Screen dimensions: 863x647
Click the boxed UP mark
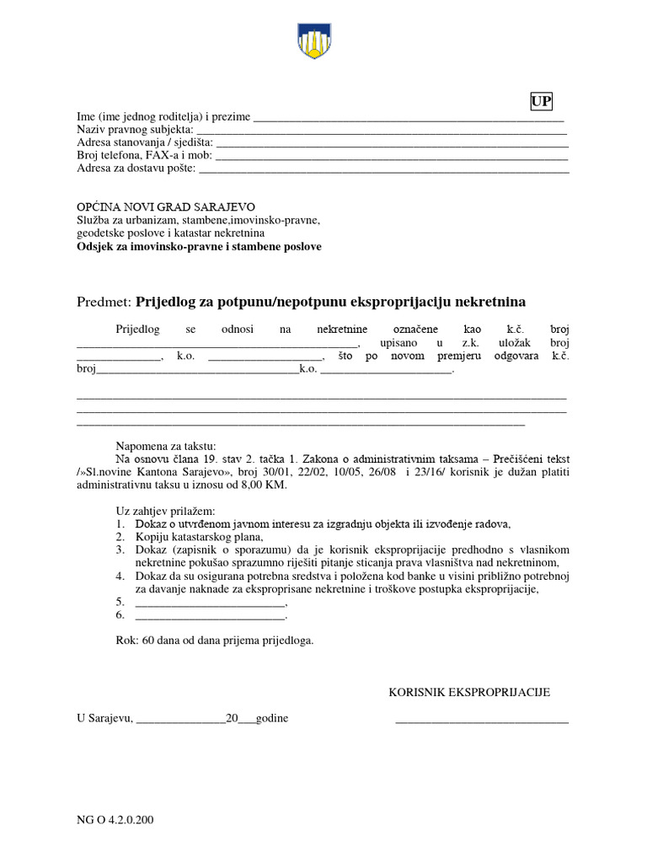click(541, 102)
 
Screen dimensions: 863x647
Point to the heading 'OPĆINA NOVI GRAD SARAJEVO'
click(165, 207)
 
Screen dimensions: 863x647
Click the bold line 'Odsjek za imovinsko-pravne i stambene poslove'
click(199, 247)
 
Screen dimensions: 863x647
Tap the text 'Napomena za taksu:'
click(166, 447)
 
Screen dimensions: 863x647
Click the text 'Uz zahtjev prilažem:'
click(165, 511)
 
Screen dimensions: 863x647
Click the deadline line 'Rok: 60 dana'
click(214, 641)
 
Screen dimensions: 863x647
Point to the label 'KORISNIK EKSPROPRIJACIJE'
click(468, 693)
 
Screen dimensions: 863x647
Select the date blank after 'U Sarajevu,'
click(180, 719)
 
